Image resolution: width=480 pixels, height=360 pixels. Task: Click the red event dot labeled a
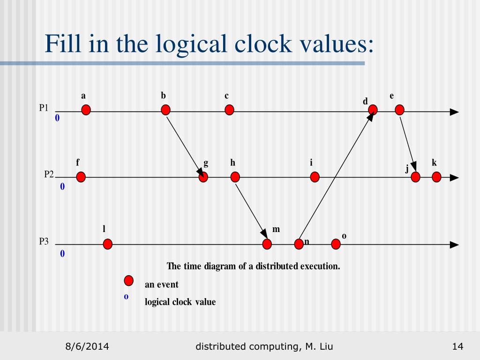[x=86, y=110]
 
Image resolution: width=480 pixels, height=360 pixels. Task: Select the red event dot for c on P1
[x=229, y=110]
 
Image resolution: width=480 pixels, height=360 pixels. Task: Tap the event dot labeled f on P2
[x=81, y=177]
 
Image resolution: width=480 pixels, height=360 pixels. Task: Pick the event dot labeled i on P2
[x=315, y=177]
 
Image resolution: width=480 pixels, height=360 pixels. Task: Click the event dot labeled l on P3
[x=107, y=244]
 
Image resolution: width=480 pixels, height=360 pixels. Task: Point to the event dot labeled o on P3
[x=336, y=244]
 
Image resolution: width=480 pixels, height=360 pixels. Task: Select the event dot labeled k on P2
[x=436, y=177]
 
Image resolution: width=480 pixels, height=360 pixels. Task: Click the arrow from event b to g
[x=184, y=143]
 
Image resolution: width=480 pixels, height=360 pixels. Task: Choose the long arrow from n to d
[x=336, y=177]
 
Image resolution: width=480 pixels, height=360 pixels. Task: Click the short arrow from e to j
[x=407, y=144]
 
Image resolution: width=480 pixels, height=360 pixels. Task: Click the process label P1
[x=44, y=108]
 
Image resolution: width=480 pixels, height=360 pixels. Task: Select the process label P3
[x=44, y=242]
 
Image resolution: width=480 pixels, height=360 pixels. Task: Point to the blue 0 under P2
[x=62, y=187]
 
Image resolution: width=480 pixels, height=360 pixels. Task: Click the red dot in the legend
[x=128, y=281]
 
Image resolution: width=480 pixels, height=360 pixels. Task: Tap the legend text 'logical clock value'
[x=180, y=302]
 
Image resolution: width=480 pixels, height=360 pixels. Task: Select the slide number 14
[x=457, y=346]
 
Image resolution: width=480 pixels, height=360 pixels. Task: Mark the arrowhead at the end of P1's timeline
[x=454, y=112]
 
